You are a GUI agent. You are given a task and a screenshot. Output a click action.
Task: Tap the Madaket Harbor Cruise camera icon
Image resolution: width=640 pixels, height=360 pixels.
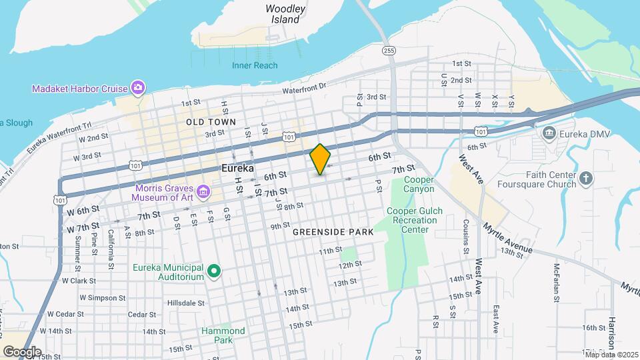tap(138, 87)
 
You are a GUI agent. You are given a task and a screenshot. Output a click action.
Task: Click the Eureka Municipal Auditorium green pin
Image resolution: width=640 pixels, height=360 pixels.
tap(214, 271)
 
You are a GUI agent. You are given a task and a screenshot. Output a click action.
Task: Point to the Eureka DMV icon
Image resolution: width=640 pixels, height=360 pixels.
tap(549, 133)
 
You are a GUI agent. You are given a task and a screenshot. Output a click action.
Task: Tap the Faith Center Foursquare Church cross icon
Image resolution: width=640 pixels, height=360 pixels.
tap(585, 178)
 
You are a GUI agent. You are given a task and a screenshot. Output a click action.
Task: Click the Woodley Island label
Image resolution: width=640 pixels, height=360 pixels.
tap(285, 14)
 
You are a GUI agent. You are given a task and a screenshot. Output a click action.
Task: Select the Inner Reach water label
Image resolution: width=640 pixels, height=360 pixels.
tap(255, 65)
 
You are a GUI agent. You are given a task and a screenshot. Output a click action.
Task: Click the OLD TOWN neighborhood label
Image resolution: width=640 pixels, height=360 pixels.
tap(211, 123)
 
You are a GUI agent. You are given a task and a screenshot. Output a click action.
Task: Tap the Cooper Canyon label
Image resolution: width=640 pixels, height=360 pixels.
tap(419, 185)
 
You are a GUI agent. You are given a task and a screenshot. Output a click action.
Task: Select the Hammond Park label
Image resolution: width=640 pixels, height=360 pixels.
tap(223, 335)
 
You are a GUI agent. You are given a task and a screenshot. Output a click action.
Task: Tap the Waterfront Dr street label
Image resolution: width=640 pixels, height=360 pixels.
tap(304, 88)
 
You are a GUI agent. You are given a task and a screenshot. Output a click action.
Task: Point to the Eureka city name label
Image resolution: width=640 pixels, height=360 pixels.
tap(239, 169)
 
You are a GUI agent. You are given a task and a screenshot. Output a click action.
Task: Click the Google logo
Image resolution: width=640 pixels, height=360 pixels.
tap(21, 351)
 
